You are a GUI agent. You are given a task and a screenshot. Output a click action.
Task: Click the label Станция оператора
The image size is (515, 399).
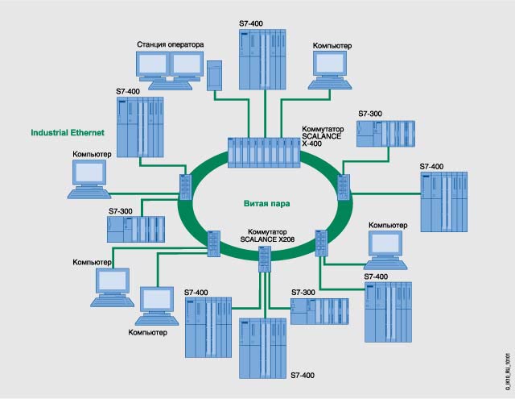tap(169, 44)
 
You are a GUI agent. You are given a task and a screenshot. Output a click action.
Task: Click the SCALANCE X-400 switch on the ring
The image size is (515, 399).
tap(263, 152)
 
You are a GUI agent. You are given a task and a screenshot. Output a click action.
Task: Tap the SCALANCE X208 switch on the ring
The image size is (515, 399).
tap(266, 258)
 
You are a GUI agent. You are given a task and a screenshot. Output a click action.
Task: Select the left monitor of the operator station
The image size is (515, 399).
tap(150, 65)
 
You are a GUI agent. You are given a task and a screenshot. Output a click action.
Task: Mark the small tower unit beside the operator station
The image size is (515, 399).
tap(215, 74)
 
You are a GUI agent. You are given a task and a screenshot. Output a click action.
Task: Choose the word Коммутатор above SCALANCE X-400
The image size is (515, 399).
tap(323, 129)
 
